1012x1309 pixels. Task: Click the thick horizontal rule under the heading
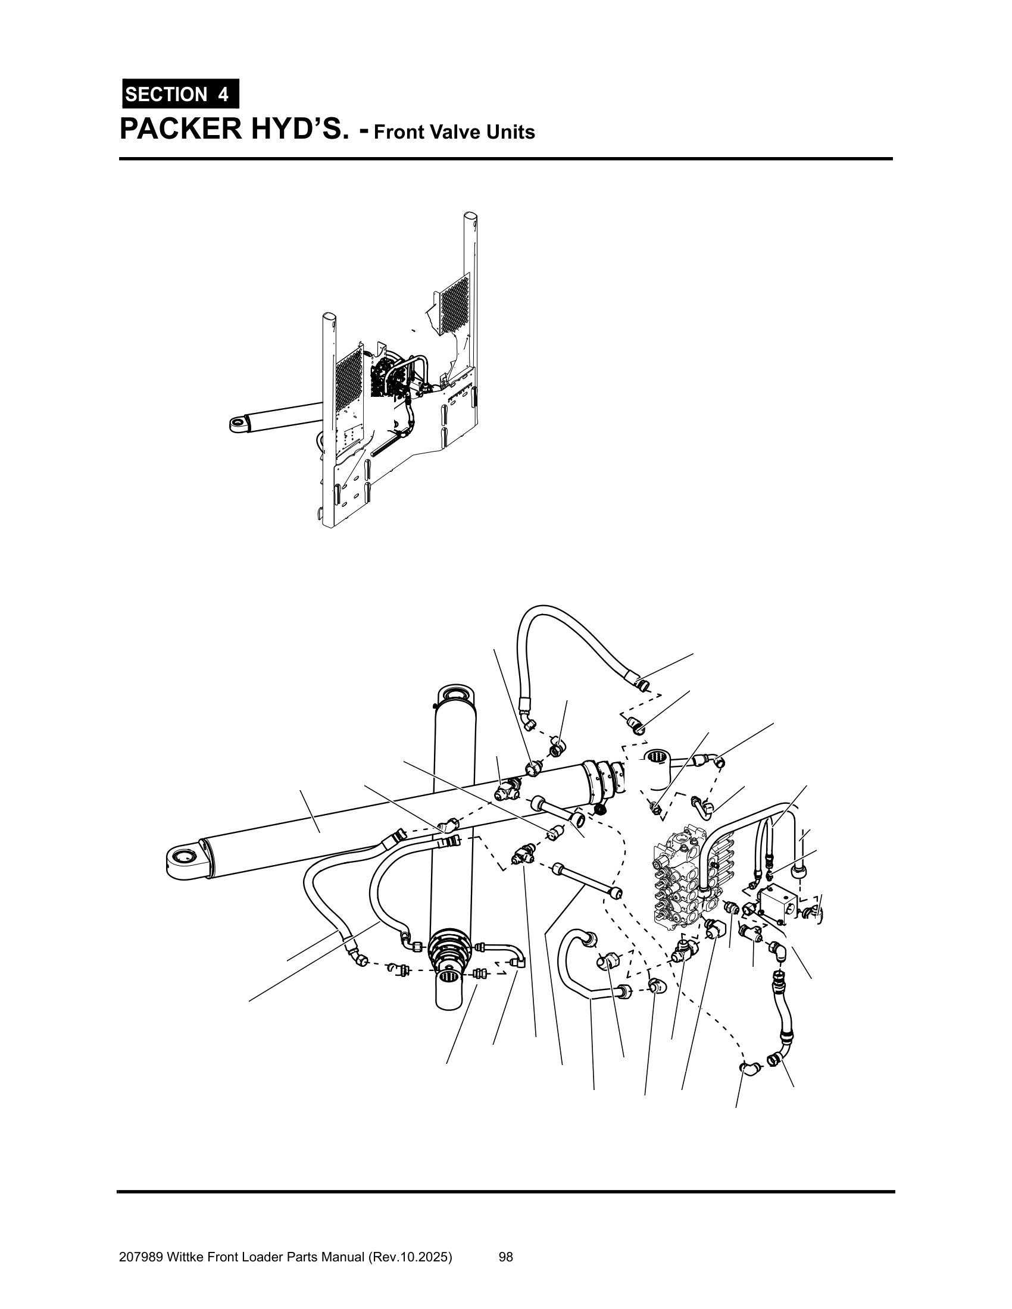506,159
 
